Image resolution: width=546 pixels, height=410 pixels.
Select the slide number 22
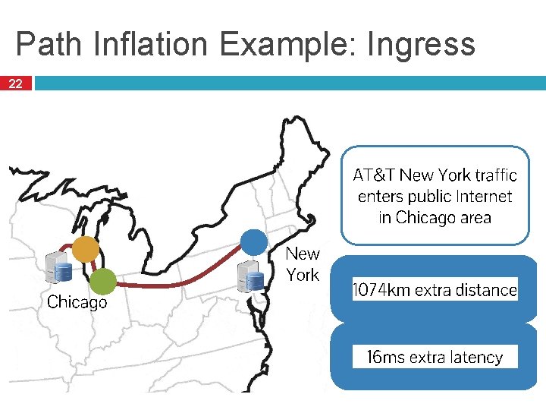16,84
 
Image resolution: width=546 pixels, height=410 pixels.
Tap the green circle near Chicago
102,282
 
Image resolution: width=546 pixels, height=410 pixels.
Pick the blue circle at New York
254,243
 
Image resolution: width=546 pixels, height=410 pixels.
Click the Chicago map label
77,302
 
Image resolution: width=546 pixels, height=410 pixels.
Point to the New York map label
303,264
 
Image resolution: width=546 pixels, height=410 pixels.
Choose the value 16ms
385,357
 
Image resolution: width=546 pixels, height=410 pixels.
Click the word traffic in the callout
496,175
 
